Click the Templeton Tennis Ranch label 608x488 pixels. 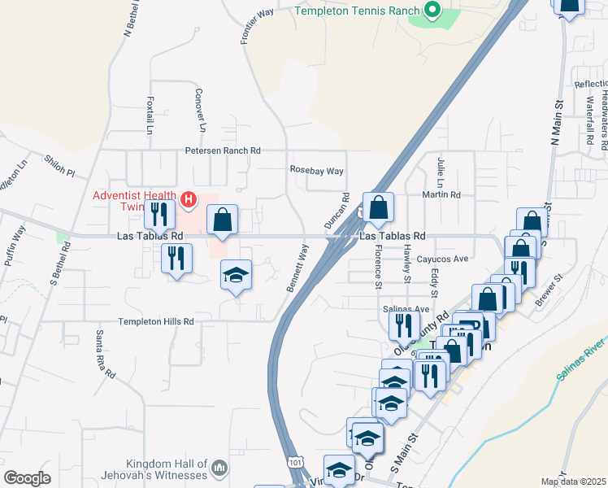pos(357,11)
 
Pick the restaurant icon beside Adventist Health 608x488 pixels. pos(159,214)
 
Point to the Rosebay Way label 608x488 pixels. pos(317,171)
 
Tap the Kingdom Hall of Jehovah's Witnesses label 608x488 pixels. pos(155,468)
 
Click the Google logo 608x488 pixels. pos(27,478)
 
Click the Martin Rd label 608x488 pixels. pos(441,195)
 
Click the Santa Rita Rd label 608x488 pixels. pos(106,355)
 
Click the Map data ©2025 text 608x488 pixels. pos(573,481)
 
